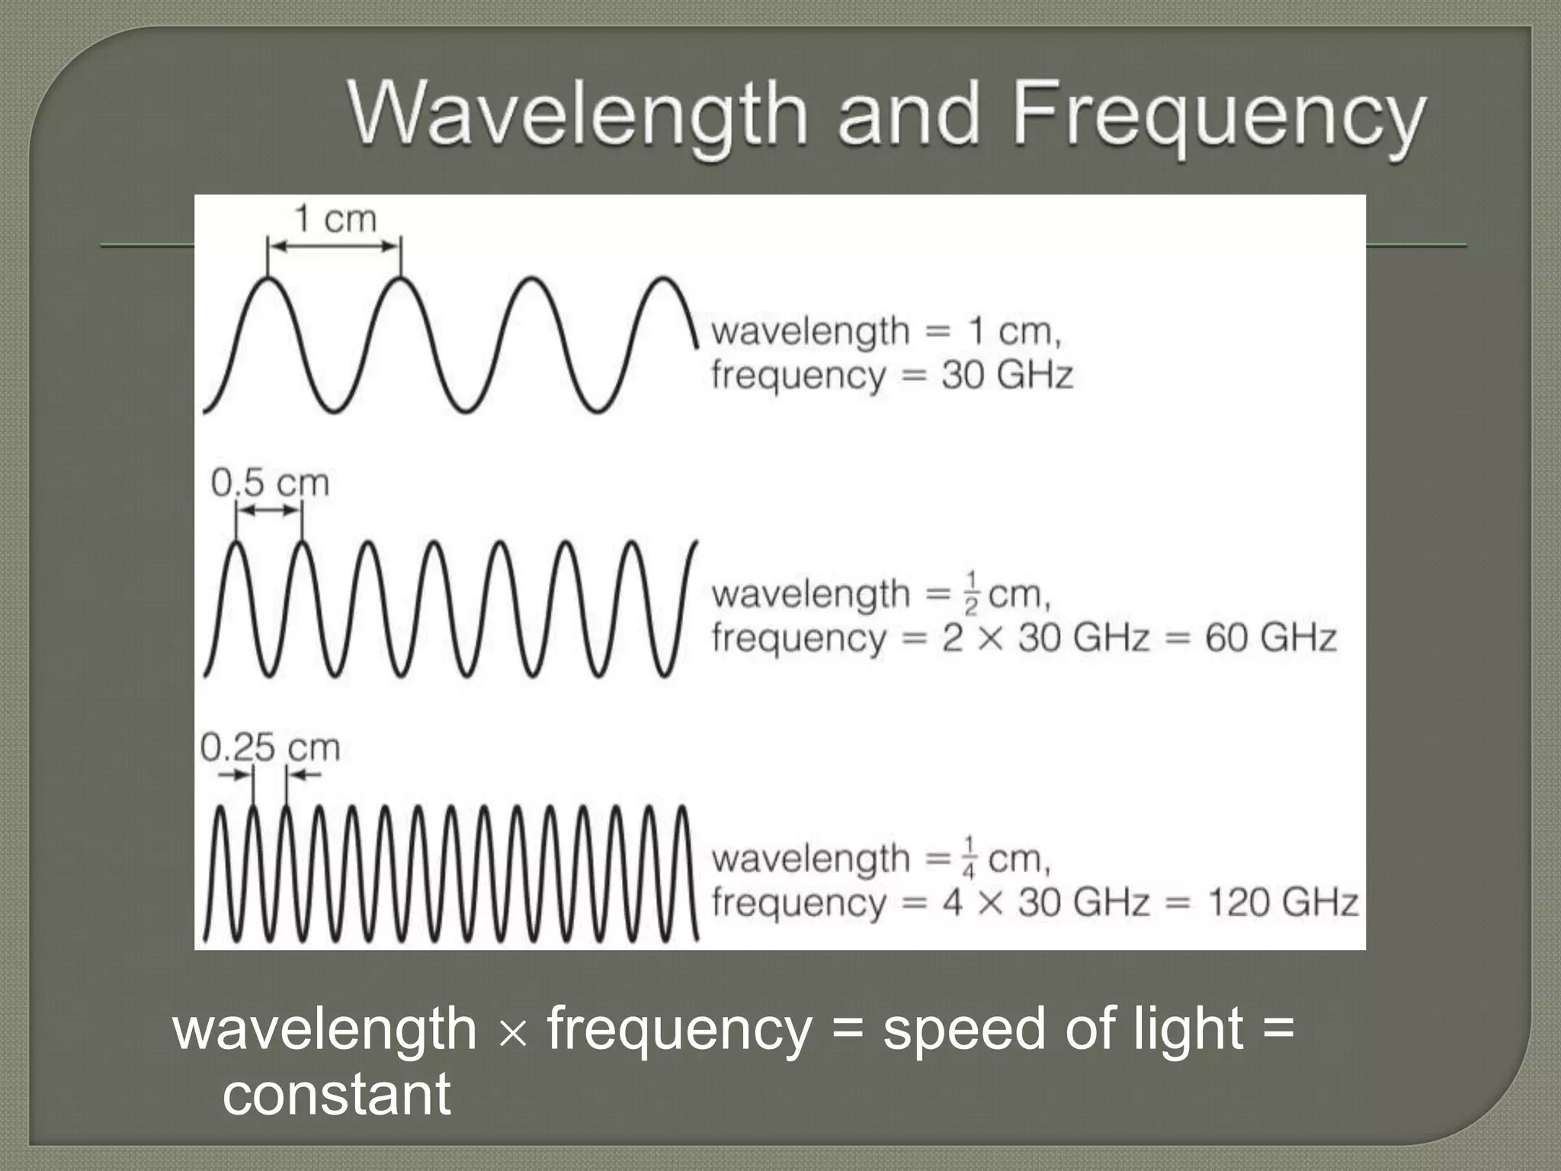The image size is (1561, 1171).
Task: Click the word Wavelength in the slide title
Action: click(577, 116)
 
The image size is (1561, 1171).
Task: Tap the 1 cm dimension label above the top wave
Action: click(335, 220)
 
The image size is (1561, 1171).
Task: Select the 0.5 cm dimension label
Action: click(270, 483)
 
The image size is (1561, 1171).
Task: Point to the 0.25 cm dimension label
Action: click(270, 747)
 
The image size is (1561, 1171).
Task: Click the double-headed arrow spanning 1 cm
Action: click(335, 245)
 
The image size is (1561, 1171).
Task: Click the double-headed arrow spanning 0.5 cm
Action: click(269, 511)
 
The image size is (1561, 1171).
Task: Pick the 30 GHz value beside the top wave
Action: click(1007, 375)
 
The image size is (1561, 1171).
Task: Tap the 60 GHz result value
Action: click(1270, 638)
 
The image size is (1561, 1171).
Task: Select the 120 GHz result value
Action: click(1282, 903)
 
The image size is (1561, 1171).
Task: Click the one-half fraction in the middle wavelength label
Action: click(970, 592)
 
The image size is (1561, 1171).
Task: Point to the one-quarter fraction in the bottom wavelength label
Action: click(970, 858)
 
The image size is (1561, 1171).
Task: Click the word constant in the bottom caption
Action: click(336, 1094)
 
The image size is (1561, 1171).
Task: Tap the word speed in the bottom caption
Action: click(965, 1029)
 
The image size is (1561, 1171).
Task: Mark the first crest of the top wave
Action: click(268, 280)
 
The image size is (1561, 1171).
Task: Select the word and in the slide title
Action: click(908, 116)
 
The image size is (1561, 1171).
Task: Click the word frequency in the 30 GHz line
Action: click(799, 375)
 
